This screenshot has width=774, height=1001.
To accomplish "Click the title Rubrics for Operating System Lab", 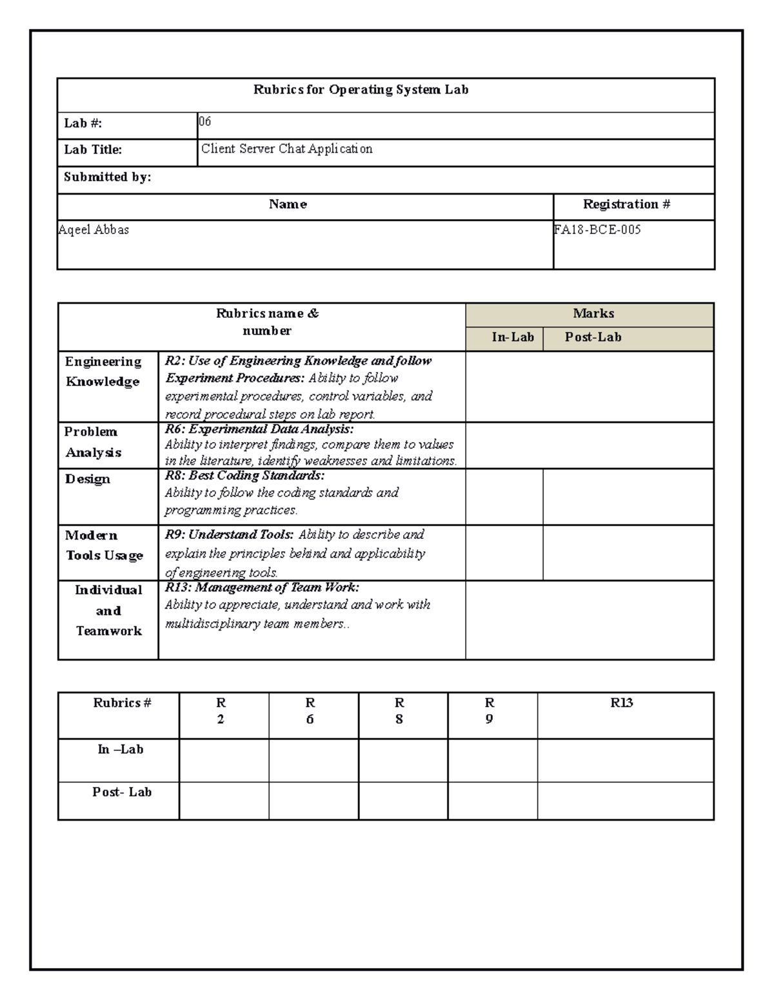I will (361, 90).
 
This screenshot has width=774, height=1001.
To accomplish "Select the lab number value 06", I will (204, 122).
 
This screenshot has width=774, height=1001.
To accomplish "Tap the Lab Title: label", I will (93, 150).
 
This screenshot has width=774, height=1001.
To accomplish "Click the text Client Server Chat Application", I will (287, 149).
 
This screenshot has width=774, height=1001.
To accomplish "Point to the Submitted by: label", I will (108, 177).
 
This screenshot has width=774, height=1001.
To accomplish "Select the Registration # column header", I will (626, 204).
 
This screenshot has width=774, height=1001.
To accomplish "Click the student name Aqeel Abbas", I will (94, 229).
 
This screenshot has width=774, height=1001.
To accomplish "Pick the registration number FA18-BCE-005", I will (597, 229).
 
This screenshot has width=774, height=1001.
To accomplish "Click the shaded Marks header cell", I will (593, 314).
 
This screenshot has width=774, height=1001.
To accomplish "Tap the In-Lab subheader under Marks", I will (513, 337).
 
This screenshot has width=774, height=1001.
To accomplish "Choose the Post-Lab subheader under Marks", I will (593, 337).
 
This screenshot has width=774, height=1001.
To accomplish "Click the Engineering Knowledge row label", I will (103, 371).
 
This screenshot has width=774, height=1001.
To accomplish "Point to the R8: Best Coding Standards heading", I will (245, 476).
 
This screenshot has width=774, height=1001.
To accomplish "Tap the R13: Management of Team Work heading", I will (262, 587).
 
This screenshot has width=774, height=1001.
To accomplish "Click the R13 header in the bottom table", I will (622, 703).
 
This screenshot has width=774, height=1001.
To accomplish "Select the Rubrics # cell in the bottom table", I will (122, 703).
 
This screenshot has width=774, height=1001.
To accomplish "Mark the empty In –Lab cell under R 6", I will (313, 761).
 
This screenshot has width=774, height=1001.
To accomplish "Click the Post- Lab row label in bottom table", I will (122, 792).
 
